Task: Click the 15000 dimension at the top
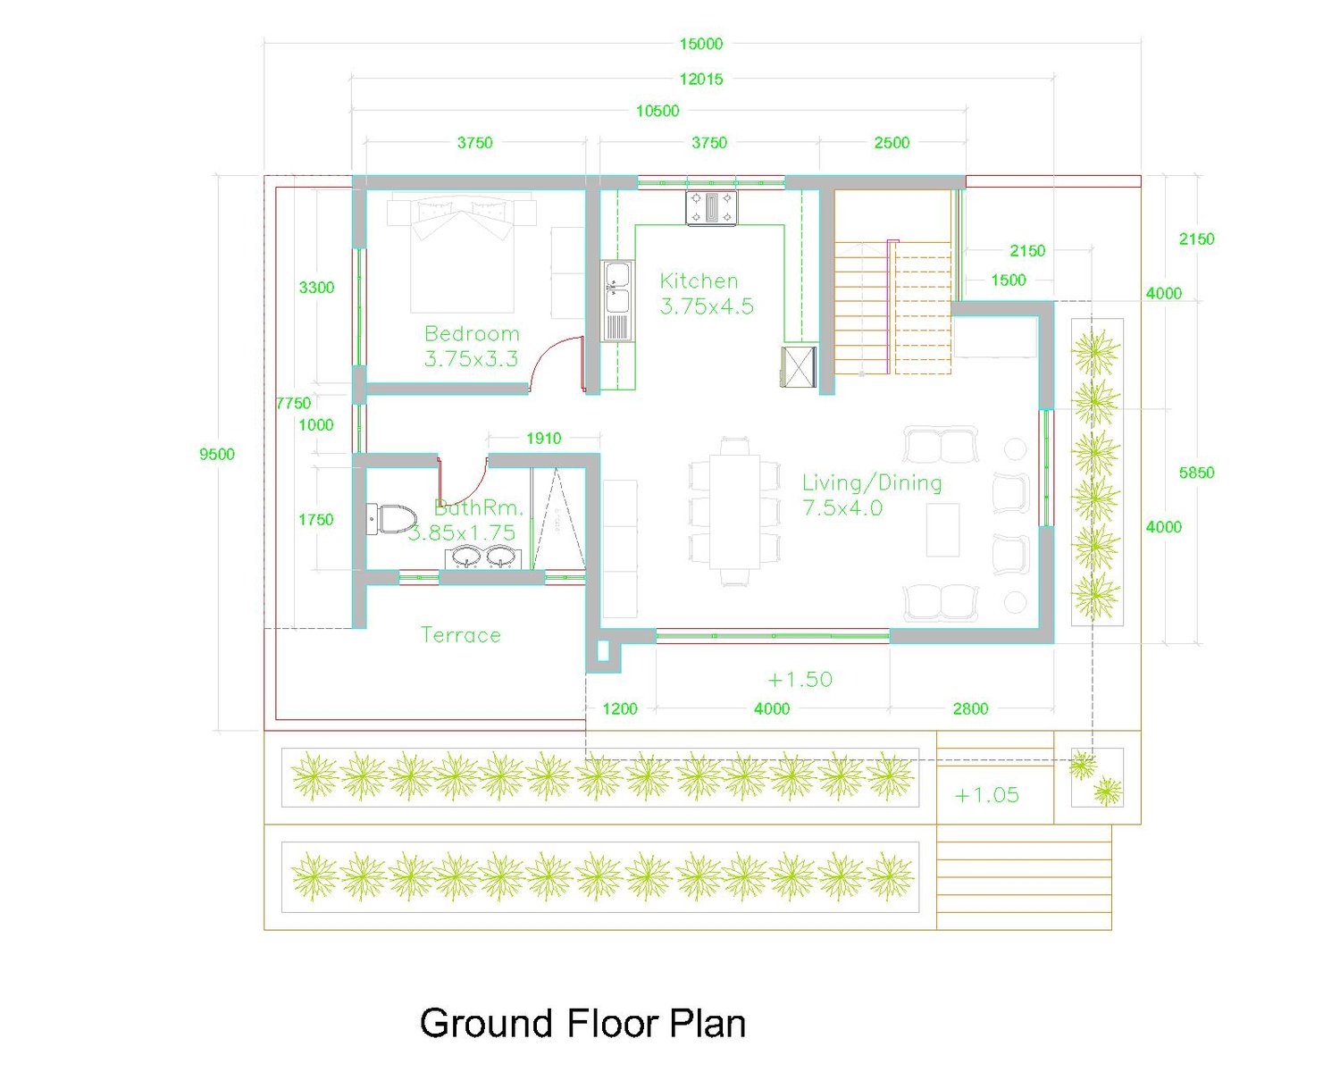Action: click(x=700, y=45)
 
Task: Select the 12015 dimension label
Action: click(x=700, y=80)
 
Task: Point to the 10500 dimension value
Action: click(x=657, y=111)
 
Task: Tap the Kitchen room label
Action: click(x=699, y=281)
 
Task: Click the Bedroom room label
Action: click(x=472, y=334)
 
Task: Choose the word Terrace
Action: click(x=460, y=635)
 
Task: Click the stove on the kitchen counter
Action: click(x=711, y=207)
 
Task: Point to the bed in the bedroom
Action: click(x=461, y=252)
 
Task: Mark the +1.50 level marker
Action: click(x=800, y=680)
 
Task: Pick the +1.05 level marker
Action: click(x=986, y=795)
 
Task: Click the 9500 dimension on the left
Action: click(x=217, y=454)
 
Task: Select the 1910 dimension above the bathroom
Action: click(x=544, y=439)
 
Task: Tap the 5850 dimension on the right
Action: click(x=1196, y=473)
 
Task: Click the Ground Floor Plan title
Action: click(x=582, y=1023)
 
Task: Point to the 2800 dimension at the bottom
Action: click(x=970, y=708)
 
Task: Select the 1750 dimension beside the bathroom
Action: click(x=315, y=520)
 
